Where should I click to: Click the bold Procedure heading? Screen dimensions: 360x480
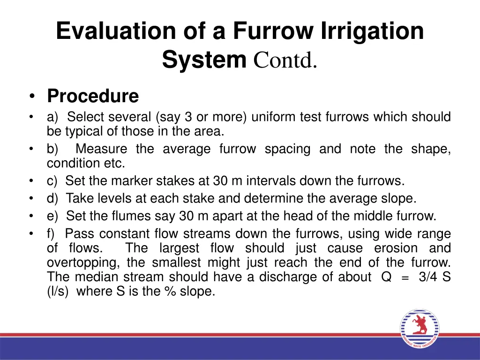click(93, 96)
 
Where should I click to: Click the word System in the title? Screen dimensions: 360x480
click(204, 61)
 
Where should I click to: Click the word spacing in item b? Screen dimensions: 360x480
click(287, 149)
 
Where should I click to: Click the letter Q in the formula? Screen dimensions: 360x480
click(386, 277)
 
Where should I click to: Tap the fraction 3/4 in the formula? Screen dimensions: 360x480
click(428, 277)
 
